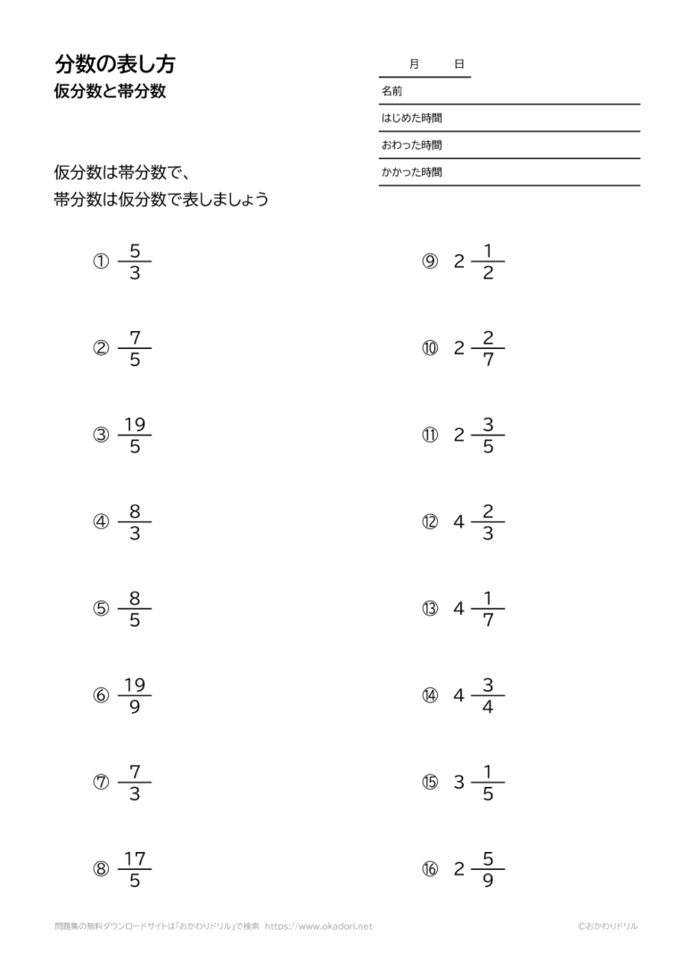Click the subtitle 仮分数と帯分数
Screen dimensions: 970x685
(x=110, y=91)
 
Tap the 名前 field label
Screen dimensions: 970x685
(x=392, y=91)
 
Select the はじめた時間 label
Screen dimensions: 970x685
(x=411, y=118)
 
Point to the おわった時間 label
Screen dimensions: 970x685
(x=411, y=145)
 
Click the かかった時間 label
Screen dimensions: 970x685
(x=411, y=172)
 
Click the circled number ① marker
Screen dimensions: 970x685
(x=101, y=261)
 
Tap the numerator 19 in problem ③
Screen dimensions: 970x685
(x=135, y=425)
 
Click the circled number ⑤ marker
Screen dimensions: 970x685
(x=101, y=609)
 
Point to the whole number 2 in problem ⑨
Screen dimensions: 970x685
(x=459, y=261)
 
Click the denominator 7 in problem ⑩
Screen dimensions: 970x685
(x=488, y=361)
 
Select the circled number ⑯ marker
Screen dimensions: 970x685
(x=430, y=869)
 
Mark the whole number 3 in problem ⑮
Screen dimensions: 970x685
(x=459, y=783)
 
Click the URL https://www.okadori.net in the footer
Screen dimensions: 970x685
(x=318, y=926)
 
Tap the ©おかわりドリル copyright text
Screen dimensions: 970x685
(x=607, y=926)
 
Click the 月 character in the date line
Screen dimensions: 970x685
(x=414, y=64)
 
